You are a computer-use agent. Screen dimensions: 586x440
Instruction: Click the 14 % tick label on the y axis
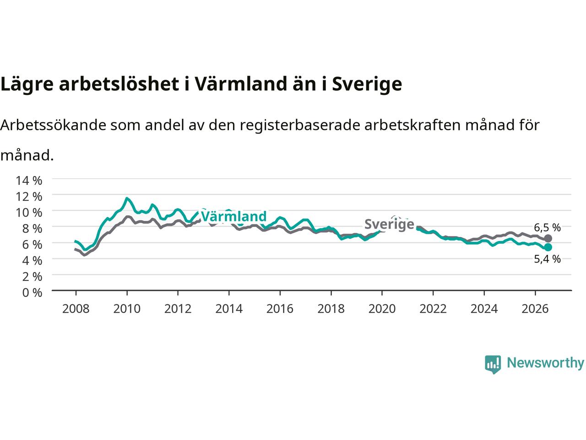(x=29, y=181)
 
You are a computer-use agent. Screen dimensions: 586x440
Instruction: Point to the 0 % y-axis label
(x=32, y=293)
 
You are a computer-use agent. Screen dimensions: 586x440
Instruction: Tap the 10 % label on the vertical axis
(x=29, y=213)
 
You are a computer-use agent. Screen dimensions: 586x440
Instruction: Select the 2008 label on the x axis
(x=76, y=309)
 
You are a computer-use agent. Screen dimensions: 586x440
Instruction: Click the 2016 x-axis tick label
(x=280, y=309)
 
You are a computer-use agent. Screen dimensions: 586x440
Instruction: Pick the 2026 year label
(x=535, y=309)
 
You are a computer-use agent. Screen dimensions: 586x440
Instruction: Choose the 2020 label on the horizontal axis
(x=382, y=309)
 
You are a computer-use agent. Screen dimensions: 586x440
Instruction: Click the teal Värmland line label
(x=233, y=216)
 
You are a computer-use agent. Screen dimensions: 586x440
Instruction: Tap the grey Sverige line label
(x=389, y=225)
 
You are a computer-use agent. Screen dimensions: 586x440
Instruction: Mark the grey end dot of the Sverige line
(x=548, y=238)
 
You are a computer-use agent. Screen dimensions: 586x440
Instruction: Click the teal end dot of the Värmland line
(x=548, y=247)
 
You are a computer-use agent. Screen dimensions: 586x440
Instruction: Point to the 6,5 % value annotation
(x=547, y=228)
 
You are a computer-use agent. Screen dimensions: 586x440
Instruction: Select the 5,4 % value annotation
(x=547, y=259)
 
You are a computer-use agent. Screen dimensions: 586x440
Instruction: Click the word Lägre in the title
(x=27, y=84)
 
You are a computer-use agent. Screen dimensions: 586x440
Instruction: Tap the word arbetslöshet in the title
(x=119, y=84)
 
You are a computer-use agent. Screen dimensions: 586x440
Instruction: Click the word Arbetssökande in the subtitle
(x=53, y=125)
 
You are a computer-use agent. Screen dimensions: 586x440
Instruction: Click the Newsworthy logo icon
(x=493, y=364)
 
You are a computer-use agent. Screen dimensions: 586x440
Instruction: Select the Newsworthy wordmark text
(x=545, y=363)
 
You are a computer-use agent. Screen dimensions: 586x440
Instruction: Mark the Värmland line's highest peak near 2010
(x=127, y=198)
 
